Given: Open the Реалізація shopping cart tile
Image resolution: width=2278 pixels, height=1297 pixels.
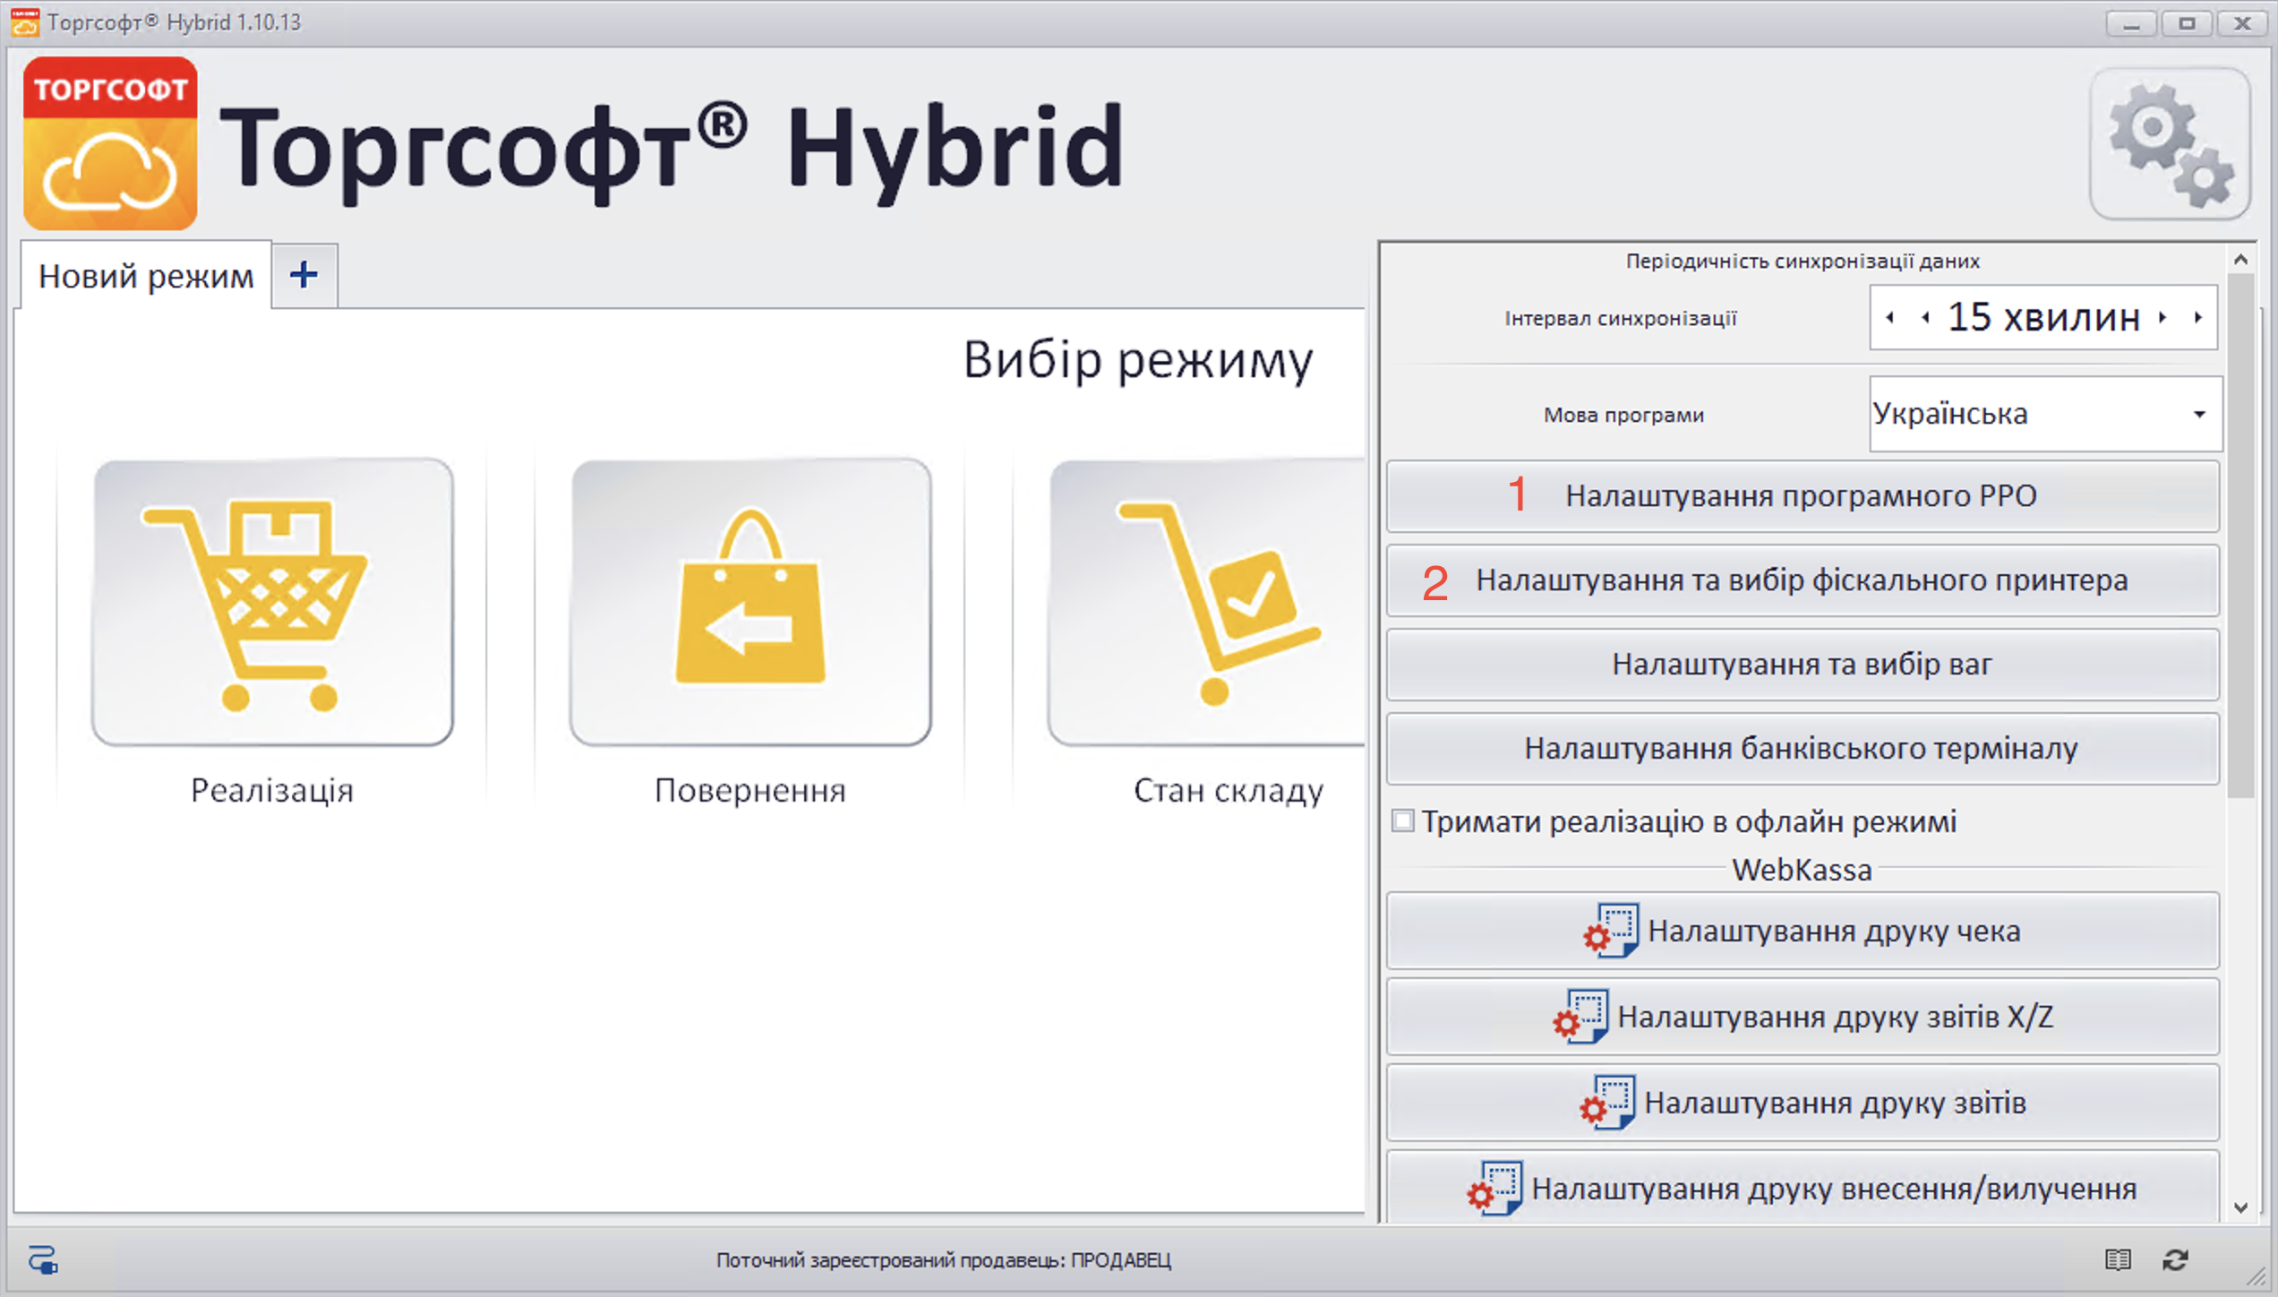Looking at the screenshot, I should click(272, 602).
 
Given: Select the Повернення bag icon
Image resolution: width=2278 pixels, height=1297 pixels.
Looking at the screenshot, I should click(750, 602).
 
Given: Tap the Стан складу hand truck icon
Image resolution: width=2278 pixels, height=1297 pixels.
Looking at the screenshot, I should click(1209, 602).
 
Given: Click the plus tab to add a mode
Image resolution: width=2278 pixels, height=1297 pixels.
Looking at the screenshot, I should click(304, 275).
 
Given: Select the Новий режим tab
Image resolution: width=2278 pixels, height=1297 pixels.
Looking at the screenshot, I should click(146, 276).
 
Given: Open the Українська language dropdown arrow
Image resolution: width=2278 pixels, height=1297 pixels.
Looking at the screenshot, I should click(2199, 415).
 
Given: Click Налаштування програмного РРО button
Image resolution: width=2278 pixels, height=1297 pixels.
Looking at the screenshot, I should click(1802, 496).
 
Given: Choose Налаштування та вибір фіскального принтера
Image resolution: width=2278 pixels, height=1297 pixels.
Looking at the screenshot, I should click(1802, 580).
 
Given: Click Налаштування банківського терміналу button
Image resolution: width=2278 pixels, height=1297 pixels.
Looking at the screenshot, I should click(1802, 749).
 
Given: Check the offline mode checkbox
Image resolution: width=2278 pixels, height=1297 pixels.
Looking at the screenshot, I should click(1403, 820).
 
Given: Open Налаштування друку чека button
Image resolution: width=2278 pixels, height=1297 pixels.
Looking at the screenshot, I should click(1802, 932).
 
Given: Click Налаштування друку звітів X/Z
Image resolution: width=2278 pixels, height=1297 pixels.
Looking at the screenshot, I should click(1802, 1018).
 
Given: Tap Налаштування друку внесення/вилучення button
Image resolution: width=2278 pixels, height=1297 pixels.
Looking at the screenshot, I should click(1802, 1189).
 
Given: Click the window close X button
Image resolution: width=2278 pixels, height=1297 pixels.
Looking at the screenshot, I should click(2242, 23).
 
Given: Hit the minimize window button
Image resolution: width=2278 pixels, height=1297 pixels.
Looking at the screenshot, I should click(2131, 23).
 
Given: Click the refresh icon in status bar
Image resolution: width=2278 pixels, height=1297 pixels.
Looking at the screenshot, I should click(2176, 1260).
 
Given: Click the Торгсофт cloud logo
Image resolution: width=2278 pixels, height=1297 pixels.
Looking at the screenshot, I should click(110, 144).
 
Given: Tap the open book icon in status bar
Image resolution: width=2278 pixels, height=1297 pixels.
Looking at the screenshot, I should click(2118, 1260).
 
